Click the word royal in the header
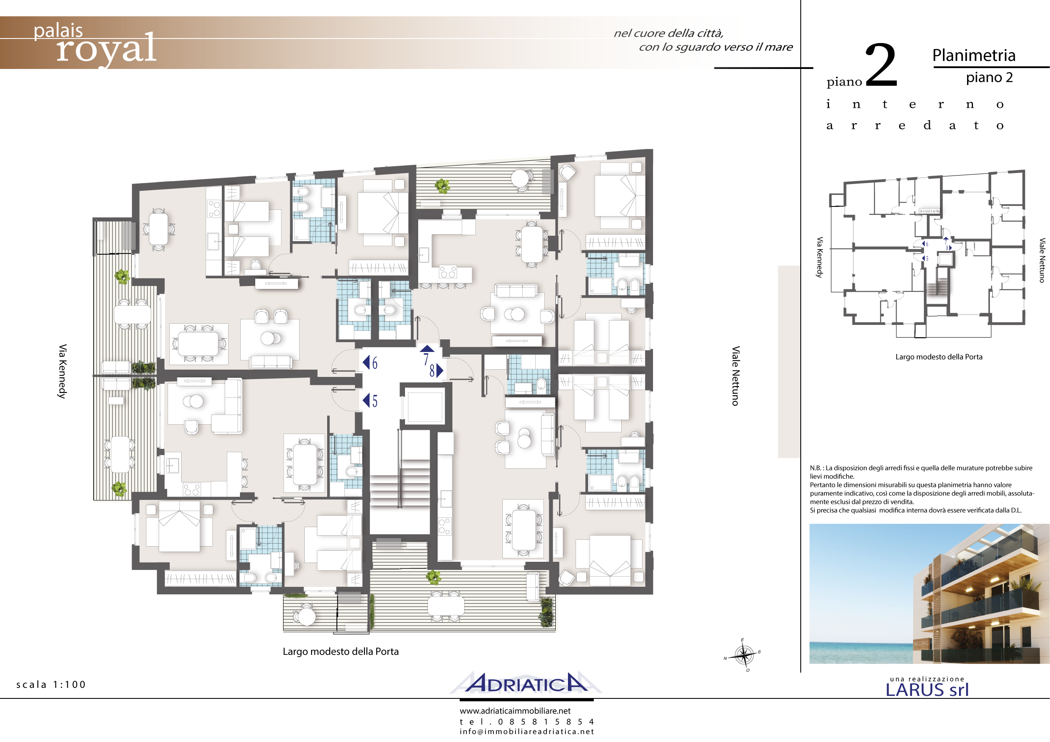click(x=106, y=49)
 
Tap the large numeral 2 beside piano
click(x=881, y=64)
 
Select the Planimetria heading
click(x=974, y=56)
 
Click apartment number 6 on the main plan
click(x=375, y=363)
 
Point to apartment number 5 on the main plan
click(x=375, y=401)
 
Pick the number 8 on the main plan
click(x=432, y=370)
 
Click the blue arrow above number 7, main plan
click(x=427, y=349)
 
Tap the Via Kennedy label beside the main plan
click(x=63, y=371)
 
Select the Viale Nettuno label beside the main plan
click(x=736, y=376)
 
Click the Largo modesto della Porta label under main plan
click(x=341, y=651)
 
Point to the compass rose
click(x=744, y=656)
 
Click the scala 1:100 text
click(x=51, y=684)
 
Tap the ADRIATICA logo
click(x=526, y=683)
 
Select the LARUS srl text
click(x=927, y=690)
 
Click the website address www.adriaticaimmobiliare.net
click(x=515, y=711)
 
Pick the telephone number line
click(x=527, y=722)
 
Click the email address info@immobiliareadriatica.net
click(x=527, y=731)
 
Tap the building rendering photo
click(x=929, y=594)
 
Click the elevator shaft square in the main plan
click(x=425, y=407)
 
